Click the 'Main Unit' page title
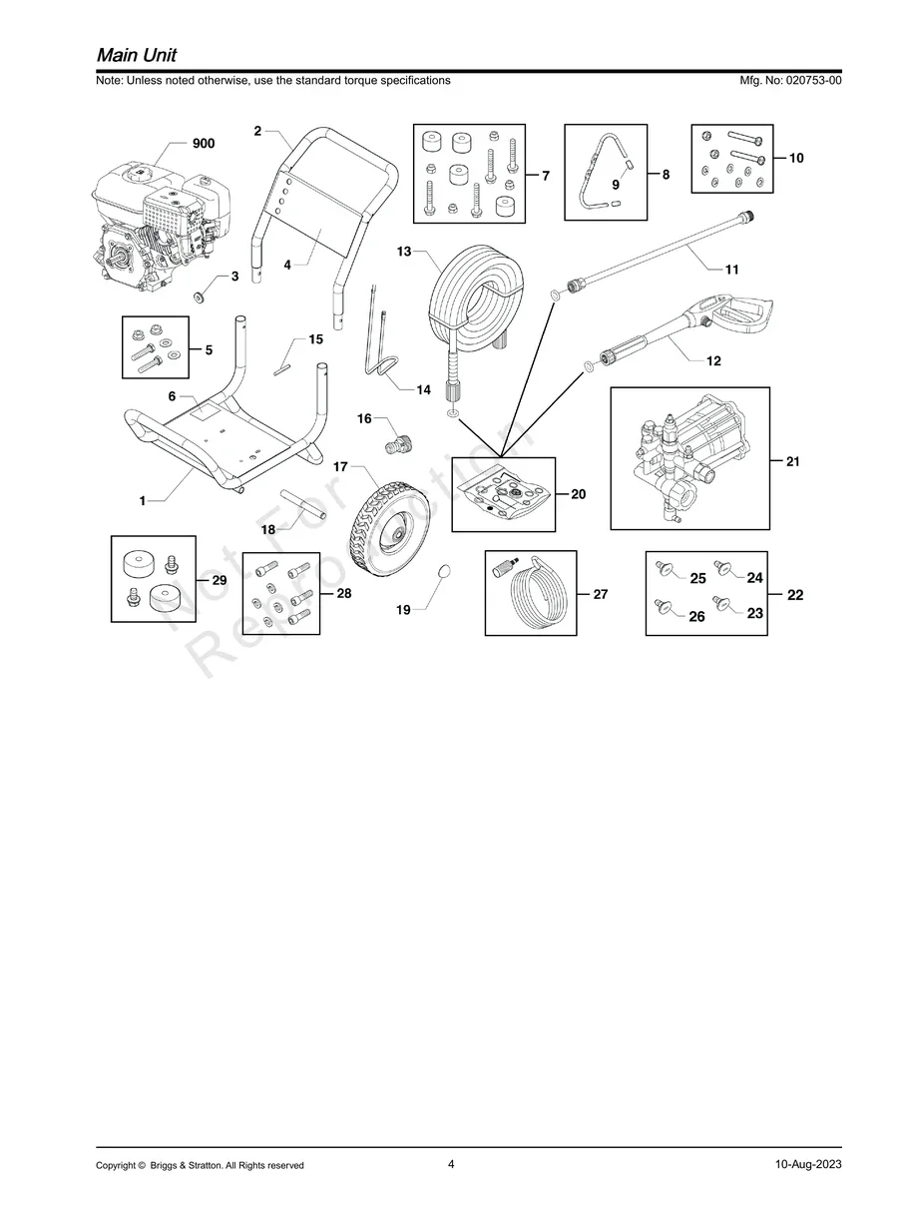point(137,54)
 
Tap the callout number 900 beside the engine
point(203,144)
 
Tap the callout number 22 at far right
point(795,595)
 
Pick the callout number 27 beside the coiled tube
point(600,594)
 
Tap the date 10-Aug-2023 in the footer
point(807,1165)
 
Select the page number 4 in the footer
point(451,1164)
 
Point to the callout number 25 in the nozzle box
point(697,579)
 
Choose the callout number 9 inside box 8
point(616,185)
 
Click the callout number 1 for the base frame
point(143,501)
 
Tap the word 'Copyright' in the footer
point(115,1165)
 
